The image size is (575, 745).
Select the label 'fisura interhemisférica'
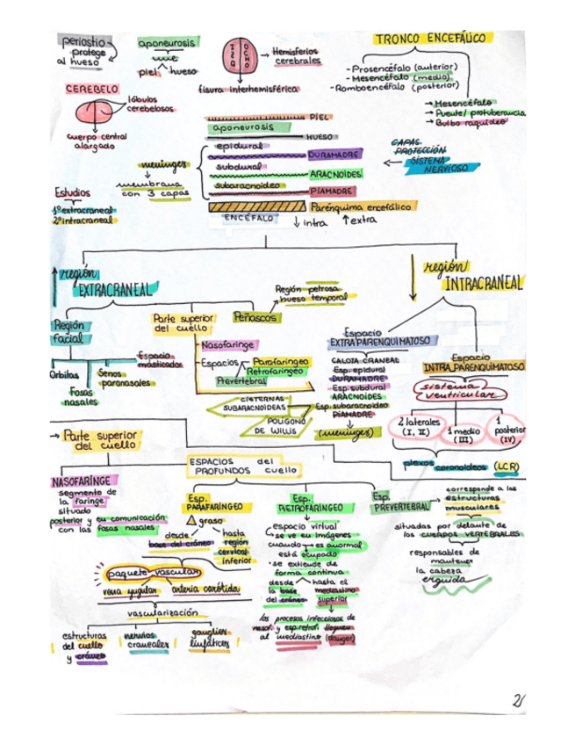tap(248, 89)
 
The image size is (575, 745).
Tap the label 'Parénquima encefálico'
tap(360, 206)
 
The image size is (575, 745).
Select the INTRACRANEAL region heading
tap(482, 283)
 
